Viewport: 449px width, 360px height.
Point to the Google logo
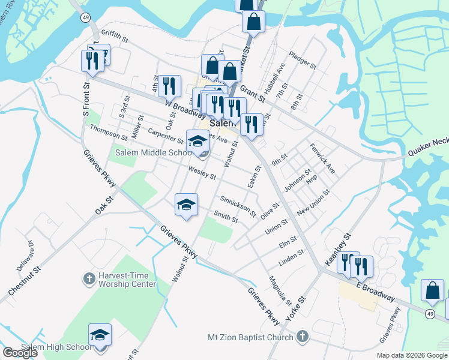(20, 353)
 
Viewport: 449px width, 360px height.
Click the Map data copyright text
(412, 355)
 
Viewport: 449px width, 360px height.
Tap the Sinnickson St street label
(238, 205)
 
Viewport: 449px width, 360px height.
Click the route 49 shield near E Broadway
(430, 314)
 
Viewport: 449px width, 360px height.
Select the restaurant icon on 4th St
(170, 86)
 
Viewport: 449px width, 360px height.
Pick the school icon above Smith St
(186, 205)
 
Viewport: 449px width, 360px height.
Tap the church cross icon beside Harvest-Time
(88, 279)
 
